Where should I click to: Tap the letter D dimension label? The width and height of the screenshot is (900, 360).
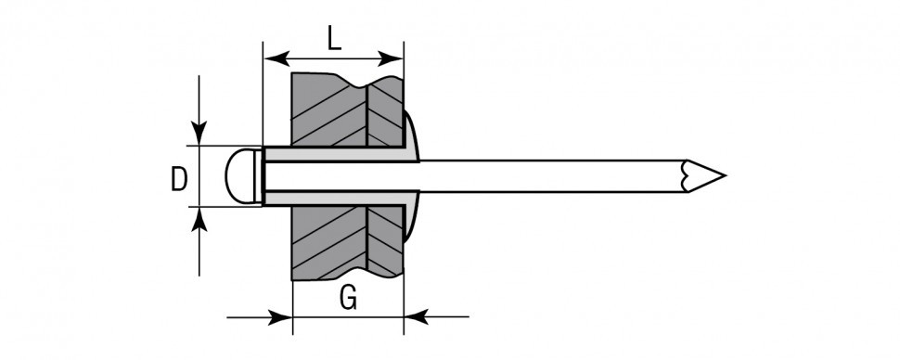point(179,178)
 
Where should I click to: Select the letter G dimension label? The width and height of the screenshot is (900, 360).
point(347,299)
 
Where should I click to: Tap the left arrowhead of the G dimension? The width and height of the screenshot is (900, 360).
point(282,317)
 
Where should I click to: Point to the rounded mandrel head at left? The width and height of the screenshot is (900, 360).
point(242,175)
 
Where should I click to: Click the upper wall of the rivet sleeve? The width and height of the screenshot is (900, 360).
point(334,154)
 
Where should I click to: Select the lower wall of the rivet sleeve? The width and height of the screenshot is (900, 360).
point(334,197)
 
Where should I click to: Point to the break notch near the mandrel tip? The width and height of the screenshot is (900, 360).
point(684,175)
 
